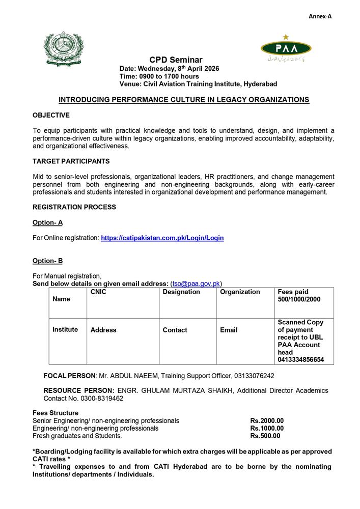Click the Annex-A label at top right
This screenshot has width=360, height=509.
click(x=320, y=16)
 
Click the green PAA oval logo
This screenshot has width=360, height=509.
click(x=286, y=48)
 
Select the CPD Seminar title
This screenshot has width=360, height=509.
click(x=176, y=60)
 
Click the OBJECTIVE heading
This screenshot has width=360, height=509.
click(x=51, y=116)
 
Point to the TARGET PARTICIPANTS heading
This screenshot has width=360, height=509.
click(x=71, y=161)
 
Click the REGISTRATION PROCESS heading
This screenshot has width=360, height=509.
click(x=74, y=207)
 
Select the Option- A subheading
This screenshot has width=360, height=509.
click(x=47, y=222)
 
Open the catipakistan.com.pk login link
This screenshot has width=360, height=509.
click(x=162, y=238)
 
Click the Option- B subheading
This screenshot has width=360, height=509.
click(x=47, y=261)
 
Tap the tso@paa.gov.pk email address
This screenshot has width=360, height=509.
click(x=196, y=284)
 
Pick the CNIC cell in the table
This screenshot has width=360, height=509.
click(x=98, y=292)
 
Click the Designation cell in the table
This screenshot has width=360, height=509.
click(x=181, y=292)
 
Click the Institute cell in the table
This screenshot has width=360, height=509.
click(x=65, y=329)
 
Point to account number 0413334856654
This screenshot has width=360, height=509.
click(x=300, y=359)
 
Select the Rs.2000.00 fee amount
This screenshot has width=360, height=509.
click(x=267, y=421)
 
